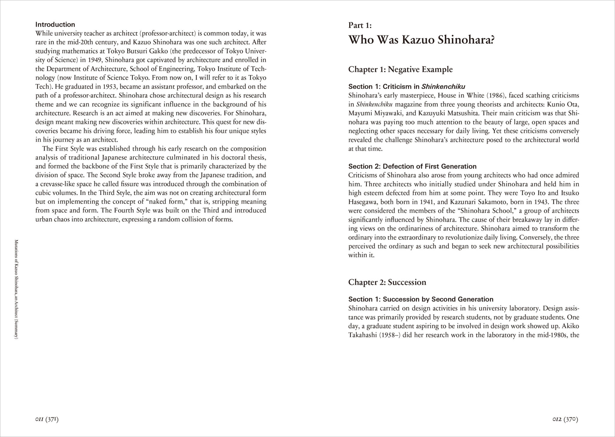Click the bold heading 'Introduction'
55,24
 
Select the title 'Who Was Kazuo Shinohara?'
421,40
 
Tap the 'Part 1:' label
360,26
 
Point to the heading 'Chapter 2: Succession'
387,282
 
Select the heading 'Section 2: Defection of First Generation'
412,166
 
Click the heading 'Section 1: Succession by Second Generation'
421,299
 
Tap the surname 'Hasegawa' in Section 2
362,202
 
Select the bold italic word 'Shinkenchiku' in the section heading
443,87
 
